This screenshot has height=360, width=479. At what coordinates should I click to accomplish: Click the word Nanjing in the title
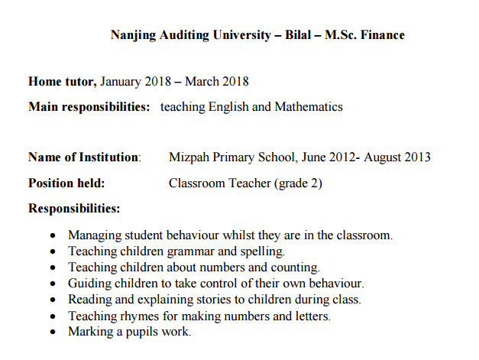pos(133,35)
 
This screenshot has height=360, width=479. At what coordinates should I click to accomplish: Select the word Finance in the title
pos(381,35)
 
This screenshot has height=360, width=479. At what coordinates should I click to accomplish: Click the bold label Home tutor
pos(62,82)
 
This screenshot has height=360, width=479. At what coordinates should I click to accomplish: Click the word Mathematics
pos(309,107)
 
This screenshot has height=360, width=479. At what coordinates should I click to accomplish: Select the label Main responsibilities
pos(89,107)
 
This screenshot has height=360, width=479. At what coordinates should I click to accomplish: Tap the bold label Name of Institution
pos(84,157)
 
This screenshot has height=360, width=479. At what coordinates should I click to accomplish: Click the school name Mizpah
pos(190,157)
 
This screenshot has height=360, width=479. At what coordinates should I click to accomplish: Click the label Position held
pos(66,183)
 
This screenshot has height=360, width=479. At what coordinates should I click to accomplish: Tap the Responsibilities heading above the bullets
pos(74,208)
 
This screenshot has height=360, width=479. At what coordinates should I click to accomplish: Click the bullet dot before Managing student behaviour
pos(52,236)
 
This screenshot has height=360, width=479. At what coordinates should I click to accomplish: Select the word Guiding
pos(90,283)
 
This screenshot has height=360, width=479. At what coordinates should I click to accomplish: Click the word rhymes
pos(141,315)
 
